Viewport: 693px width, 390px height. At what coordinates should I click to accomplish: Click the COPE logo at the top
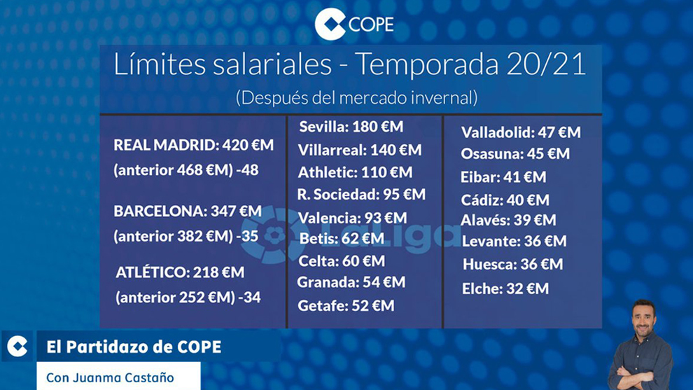point(353,25)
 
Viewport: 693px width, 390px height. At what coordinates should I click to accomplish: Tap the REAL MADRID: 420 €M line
point(194,146)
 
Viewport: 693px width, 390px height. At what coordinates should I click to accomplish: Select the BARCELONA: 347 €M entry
point(188,211)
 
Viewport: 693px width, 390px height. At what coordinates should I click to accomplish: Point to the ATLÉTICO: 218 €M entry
point(180,272)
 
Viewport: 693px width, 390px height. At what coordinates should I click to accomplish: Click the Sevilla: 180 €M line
point(351,127)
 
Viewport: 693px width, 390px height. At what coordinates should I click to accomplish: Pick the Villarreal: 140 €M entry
point(360,150)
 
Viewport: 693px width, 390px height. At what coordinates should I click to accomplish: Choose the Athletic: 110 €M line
point(355,172)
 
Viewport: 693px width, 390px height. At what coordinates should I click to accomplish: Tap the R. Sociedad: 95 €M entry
point(361,195)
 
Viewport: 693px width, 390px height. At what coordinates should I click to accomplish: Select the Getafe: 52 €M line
point(346,305)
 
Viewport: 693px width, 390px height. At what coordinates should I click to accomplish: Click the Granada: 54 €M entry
point(351,282)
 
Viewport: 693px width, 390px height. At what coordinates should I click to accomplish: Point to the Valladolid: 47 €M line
point(521,132)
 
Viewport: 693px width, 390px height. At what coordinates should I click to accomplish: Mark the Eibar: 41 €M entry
point(503,177)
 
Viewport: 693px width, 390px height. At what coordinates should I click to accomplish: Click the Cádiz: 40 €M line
point(505,200)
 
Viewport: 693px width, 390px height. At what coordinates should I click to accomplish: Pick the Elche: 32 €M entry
point(505,288)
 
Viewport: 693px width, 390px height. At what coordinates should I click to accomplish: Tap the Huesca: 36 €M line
point(513,265)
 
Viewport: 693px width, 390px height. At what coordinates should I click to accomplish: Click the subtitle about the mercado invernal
point(357,97)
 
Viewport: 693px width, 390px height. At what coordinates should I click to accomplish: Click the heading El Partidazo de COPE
point(134,347)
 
